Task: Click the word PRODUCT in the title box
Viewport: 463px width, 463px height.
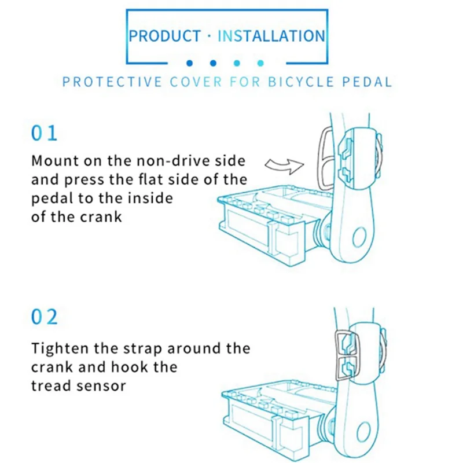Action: coord(164,36)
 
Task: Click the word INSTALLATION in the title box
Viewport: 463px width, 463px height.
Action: coord(271,36)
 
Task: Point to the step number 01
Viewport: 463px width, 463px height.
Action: coord(45,133)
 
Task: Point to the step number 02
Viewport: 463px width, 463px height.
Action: coord(45,317)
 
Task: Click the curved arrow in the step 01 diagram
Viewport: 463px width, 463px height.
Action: coord(284,165)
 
